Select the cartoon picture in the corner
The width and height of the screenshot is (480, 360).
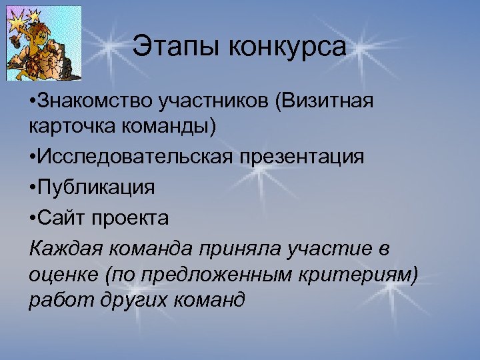[x=43, y=43]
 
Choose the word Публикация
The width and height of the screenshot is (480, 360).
[x=97, y=187]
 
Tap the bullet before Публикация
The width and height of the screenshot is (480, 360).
[x=33, y=187]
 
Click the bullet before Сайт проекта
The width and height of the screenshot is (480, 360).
[x=33, y=217]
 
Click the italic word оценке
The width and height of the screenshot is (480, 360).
[x=61, y=274]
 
